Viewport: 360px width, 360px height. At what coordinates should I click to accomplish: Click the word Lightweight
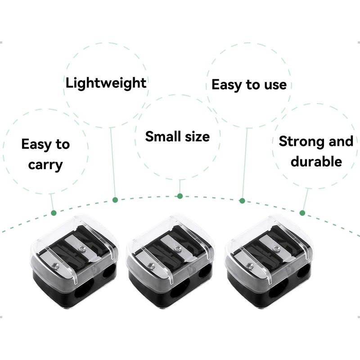(106, 83)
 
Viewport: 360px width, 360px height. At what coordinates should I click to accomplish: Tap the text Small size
(177, 136)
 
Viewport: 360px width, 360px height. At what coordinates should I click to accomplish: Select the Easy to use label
(249, 84)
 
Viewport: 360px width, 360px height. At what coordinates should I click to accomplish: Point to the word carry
(45, 165)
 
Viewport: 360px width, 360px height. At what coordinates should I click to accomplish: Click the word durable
(316, 162)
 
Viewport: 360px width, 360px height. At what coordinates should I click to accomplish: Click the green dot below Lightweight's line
(115, 199)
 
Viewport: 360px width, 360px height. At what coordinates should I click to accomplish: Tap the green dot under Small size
(180, 196)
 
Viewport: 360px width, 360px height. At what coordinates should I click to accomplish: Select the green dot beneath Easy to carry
(54, 212)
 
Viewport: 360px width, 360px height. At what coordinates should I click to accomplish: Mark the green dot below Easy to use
(242, 200)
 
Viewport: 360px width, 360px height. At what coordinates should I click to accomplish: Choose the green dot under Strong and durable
(302, 213)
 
